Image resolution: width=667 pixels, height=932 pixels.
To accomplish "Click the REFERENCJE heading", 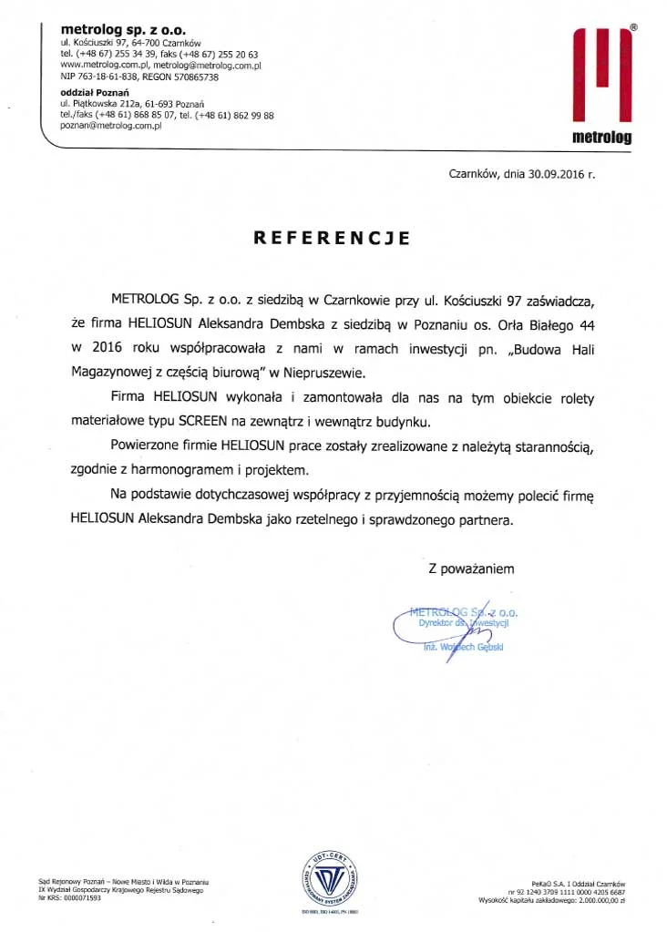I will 332,239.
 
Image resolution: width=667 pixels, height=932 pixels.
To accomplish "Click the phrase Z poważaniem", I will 471,569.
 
